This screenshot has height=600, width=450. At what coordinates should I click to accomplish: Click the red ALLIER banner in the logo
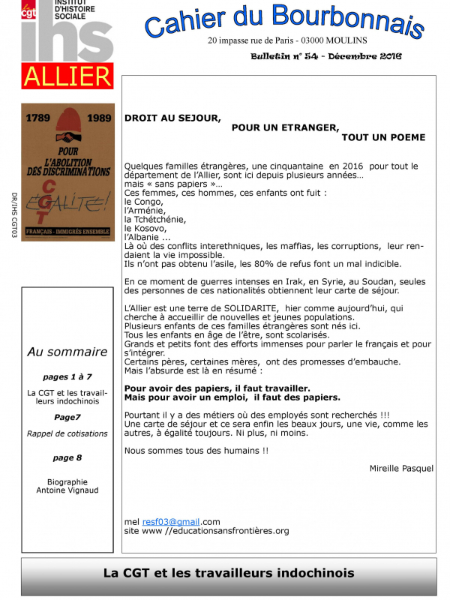pos(67,76)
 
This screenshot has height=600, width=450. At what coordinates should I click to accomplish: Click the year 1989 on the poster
pos(95,118)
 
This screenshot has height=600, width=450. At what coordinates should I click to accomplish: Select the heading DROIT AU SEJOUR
pos(172,118)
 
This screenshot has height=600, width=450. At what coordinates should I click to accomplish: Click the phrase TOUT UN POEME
pos(383,137)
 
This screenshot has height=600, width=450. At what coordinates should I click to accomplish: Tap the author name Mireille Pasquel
pos(401,468)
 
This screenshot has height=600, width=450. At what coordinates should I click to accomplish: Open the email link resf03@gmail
pos(171,521)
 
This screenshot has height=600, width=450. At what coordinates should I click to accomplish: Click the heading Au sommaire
pos(67,352)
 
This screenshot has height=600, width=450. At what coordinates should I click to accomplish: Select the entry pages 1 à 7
pos(67,376)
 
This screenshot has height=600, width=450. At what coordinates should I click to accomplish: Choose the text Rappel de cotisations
pos(67,433)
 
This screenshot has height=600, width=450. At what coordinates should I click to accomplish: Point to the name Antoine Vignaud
pos(67,490)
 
